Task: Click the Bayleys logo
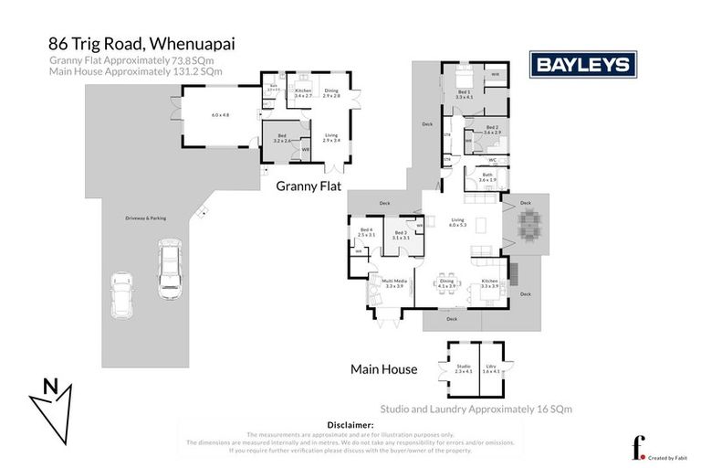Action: [x=583, y=64]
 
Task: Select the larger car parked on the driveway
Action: [x=170, y=264]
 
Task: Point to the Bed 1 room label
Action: [x=465, y=92]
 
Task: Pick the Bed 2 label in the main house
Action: [x=492, y=129]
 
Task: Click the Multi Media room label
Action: [x=394, y=283]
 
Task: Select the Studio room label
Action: [x=463, y=368]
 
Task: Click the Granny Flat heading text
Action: [x=315, y=186]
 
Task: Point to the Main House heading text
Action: [x=384, y=369]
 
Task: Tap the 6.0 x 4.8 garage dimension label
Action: [x=221, y=114]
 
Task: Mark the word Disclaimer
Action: [x=350, y=425]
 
